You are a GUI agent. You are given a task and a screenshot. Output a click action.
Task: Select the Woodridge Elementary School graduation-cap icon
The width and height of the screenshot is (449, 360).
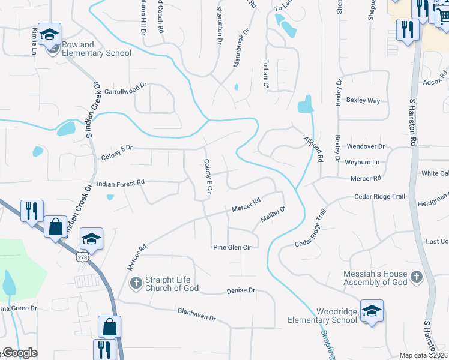click(x=372, y=311)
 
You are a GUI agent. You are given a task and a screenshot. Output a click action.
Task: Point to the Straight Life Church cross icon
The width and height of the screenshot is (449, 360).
click(x=136, y=282)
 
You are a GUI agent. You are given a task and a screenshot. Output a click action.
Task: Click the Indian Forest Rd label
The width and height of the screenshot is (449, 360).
click(x=121, y=182)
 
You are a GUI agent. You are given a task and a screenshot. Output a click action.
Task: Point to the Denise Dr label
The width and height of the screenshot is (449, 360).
click(x=241, y=290)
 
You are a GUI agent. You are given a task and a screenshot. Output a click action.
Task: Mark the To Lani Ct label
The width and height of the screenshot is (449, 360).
click(x=265, y=74)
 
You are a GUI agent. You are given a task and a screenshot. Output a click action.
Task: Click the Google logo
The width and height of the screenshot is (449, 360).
click(x=20, y=353)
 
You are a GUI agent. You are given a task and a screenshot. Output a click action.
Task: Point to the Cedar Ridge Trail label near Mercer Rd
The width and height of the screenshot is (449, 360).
click(x=380, y=196)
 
